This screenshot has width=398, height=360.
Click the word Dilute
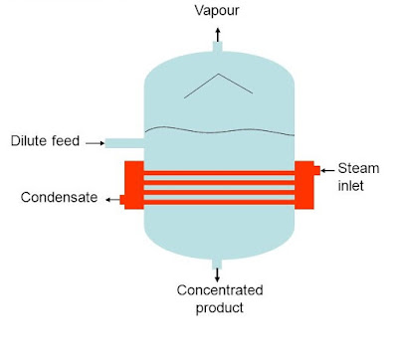[x=33, y=142]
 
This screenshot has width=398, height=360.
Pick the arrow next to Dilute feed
[x=94, y=143]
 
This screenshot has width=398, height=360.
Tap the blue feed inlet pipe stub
[x=124, y=143]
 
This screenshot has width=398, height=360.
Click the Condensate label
[x=59, y=198]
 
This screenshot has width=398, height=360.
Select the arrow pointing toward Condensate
[x=109, y=199]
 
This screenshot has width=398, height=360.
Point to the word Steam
[x=357, y=168]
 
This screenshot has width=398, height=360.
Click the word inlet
[x=357, y=186]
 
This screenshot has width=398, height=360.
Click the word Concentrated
[x=219, y=290]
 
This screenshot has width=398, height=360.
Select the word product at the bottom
[x=219, y=307]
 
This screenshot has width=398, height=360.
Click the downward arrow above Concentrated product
[x=218, y=270]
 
